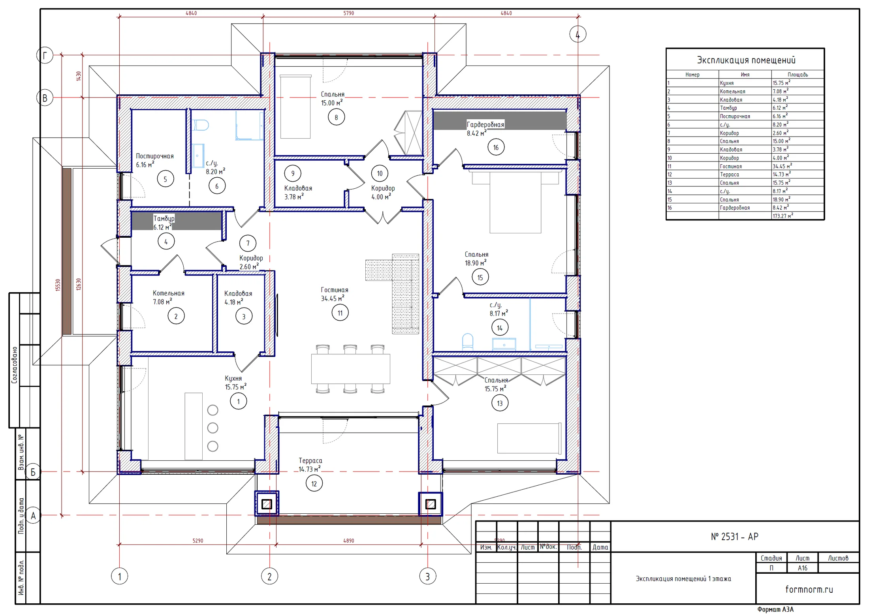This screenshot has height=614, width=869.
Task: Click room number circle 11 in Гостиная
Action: [x=340, y=313]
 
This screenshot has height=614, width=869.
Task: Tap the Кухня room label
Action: [x=233, y=378]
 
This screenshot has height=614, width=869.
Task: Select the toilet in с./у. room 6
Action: [x=201, y=125]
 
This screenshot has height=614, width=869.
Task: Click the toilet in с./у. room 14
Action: [x=468, y=342]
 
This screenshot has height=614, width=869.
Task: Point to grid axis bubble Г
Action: [x=45, y=55]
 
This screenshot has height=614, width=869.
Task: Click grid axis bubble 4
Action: [x=577, y=34]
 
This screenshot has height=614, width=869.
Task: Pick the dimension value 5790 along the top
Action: [x=348, y=13]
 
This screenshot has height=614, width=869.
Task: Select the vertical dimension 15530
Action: [x=58, y=285]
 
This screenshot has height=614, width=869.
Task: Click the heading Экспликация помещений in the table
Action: [x=746, y=60]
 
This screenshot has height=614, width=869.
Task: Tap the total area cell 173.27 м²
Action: [x=782, y=216]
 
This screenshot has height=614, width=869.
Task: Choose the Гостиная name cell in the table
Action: [x=731, y=166]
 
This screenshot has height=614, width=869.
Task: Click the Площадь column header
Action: [x=798, y=75]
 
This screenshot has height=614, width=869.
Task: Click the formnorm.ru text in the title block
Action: [x=809, y=590]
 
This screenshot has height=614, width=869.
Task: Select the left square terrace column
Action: [x=267, y=504]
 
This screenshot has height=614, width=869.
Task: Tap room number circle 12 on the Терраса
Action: [x=314, y=484]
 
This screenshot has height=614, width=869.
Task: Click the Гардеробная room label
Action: [x=485, y=125]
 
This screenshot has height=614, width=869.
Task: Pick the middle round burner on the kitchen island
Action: [x=213, y=428]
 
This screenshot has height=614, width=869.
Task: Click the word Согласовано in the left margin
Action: [x=14, y=365]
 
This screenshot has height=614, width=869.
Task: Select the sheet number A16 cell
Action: [x=802, y=568]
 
